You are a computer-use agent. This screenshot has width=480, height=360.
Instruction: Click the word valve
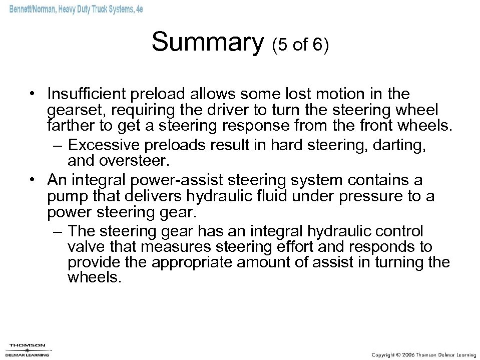pyautogui.click(x=84, y=247)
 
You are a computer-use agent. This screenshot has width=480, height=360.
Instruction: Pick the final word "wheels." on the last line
pyautogui.click(x=94, y=278)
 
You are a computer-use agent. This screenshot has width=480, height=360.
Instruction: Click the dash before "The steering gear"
pyautogui.click(x=59, y=231)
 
